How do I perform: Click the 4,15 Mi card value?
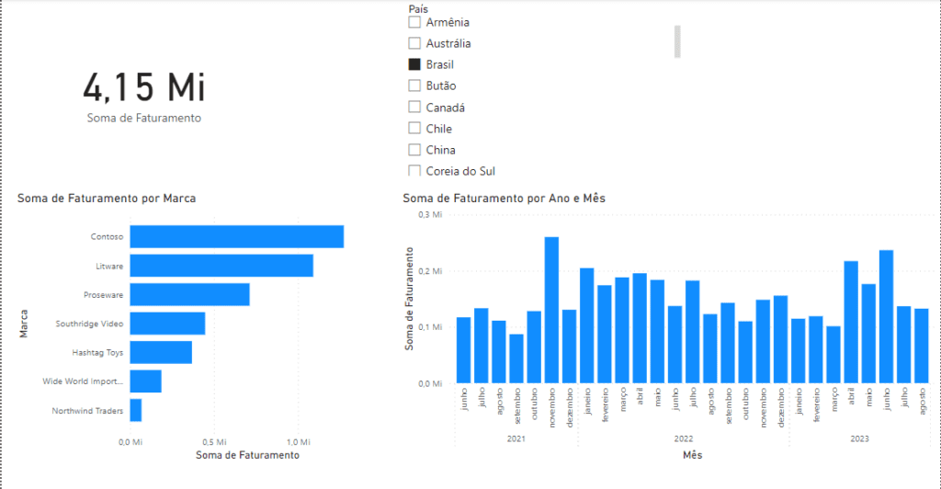(144, 87)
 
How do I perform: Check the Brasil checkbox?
(414, 64)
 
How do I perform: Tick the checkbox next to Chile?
(414, 129)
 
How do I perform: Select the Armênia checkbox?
(414, 22)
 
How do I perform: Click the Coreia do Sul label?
(460, 171)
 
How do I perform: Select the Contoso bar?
(236, 236)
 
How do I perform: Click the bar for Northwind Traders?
(135, 410)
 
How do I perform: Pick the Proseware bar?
(189, 294)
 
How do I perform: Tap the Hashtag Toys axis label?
(97, 352)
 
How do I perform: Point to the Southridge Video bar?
(167, 324)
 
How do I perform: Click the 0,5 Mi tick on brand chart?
(213, 442)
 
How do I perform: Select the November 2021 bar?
(551, 309)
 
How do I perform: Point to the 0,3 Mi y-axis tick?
(430, 214)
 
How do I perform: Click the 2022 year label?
(683, 439)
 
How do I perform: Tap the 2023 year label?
(858, 439)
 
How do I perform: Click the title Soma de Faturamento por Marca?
(107, 198)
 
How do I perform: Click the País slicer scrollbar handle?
(677, 41)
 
